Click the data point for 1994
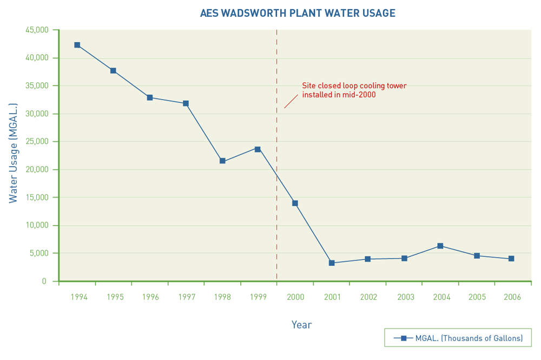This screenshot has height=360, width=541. pyautogui.click(x=77, y=45)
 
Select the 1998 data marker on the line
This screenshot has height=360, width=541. pyautogui.click(x=222, y=161)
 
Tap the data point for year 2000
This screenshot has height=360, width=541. pyautogui.click(x=295, y=203)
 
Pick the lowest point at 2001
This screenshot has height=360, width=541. pyautogui.click(x=332, y=263)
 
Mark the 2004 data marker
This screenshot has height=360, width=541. pyautogui.click(x=440, y=246)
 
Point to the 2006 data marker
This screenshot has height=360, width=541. pyautogui.click(x=511, y=259)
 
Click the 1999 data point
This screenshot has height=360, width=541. pyautogui.click(x=258, y=149)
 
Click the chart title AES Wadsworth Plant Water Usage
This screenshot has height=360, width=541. pyautogui.click(x=298, y=13)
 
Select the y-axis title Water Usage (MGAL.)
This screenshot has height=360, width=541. pyautogui.click(x=14, y=153)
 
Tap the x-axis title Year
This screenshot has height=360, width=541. pyautogui.click(x=301, y=325)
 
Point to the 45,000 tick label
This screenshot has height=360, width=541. pyautogui.click(x=37, y=30)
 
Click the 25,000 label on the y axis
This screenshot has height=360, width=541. pyautogui.click(x=37, y=141)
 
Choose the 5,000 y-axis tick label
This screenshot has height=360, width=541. pyautogui.click(x=39, y=253)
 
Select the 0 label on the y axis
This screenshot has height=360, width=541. pyautogui.click(x=44, y=282)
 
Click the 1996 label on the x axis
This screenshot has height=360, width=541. pyautogui.click(x=150, y=297)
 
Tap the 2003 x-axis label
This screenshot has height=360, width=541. pyautogui.click(x=406, y=297)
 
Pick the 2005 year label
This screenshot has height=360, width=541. pyautogui.click(x=477, y=297)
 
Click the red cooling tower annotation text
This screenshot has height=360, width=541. pyautogui.click(x=354, y=90)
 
